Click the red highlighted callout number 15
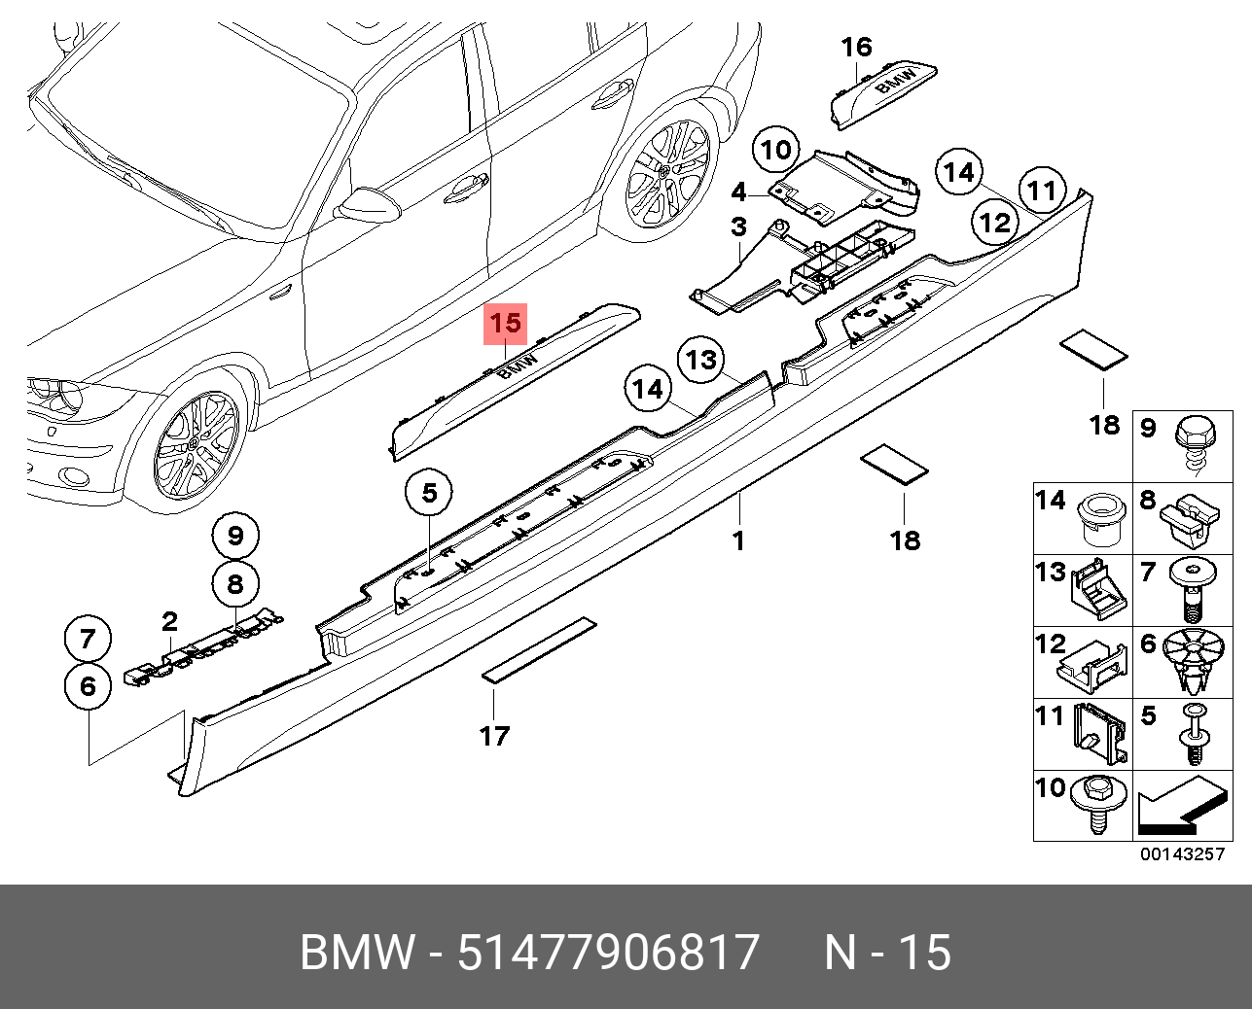click(x=506, y=324)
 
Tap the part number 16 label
click(x=856, y=47)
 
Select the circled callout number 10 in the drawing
click(x=775, y=151)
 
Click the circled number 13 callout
click(x=700, y=361)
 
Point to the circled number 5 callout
click(x=429, y=493)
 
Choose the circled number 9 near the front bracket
click(x=235, y=535)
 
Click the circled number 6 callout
click(x=88, y=686)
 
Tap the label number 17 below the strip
click(x=494, y=736)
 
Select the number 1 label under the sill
click(x=738, y=539)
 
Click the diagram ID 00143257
click(x=1182, y=854)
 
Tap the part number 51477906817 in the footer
click(x=608, y=952)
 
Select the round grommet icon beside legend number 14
click(x=1100, y=517)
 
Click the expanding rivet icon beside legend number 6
click(x=1196, y=658)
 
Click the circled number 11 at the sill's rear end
click(x=1042, y=190)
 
